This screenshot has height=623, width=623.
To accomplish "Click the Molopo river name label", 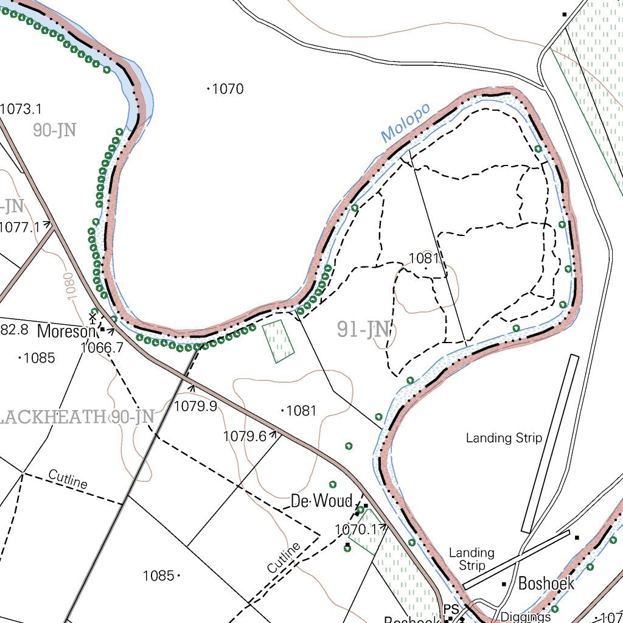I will point(406,124).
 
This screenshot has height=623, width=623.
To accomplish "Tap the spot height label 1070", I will point(228,89).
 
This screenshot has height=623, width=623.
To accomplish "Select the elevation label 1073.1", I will point(21,109).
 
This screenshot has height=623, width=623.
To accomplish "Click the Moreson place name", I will point(66,332).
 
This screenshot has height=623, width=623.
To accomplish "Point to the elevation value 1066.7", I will point(102,347).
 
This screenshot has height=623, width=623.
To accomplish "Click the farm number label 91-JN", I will point(363,330).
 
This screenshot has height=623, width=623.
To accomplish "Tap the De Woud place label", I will point(321,501).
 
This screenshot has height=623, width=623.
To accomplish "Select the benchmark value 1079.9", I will point(195,406).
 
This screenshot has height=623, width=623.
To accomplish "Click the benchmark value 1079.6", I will point(245,436).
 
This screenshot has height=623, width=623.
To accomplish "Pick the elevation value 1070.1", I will point(357,530).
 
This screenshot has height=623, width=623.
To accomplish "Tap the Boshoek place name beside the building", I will point(546,583).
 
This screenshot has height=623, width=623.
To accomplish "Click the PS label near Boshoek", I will point(450,609).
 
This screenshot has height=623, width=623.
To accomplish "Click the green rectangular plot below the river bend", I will point(278,341).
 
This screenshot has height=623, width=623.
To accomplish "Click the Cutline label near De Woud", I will point(284,557).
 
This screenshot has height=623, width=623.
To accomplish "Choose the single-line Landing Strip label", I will point(504,437).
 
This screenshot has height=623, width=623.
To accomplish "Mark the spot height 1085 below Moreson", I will point(39,358).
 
